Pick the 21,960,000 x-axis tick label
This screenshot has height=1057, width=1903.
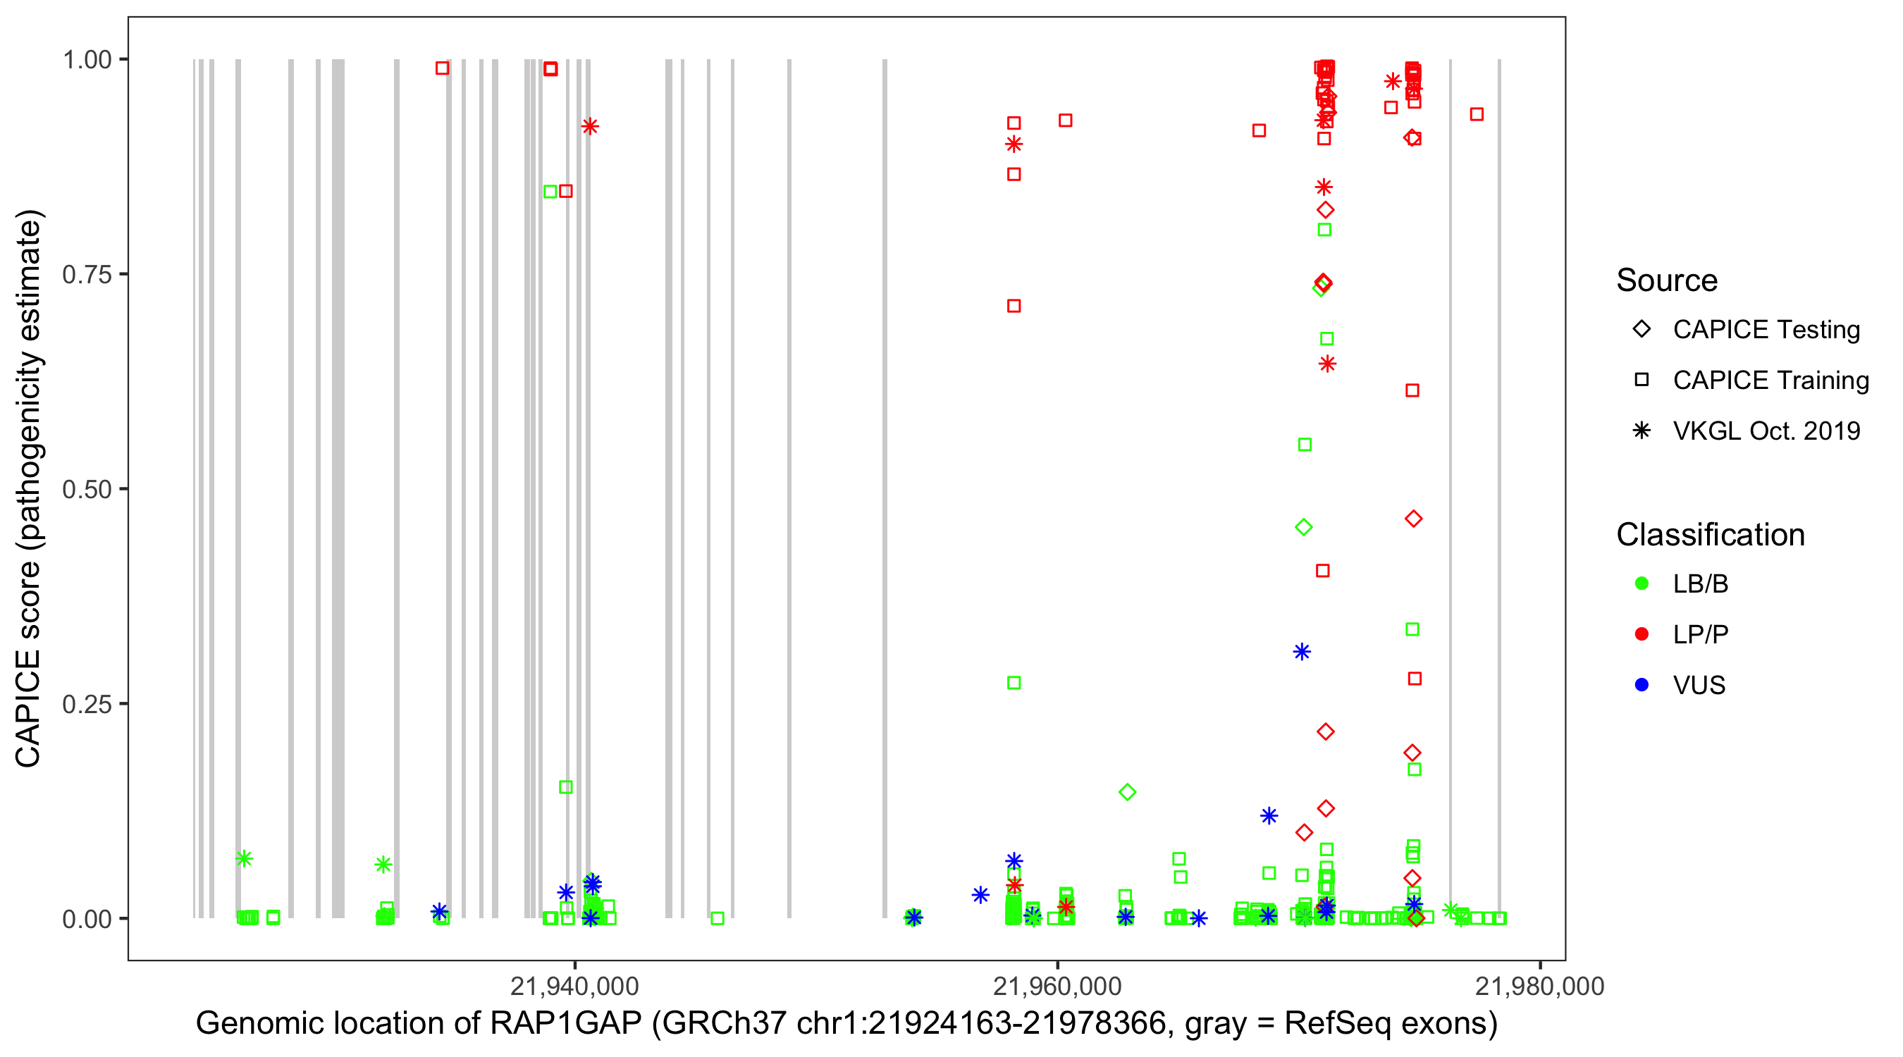tap(1057, 986)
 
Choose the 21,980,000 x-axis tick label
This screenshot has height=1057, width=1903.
tap(1539, 986)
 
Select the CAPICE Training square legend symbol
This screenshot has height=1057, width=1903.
tap(1642, 380)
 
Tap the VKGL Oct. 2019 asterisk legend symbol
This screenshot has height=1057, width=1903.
tap(1642, 431)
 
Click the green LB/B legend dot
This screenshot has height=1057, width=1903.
tap(1642, 583)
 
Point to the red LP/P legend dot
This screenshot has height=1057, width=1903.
tap(1642, 634)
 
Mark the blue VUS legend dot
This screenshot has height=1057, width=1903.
tap(1642, 685)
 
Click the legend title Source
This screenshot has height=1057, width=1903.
tap(1667, 280)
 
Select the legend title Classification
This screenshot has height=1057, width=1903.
tap(1710, 535)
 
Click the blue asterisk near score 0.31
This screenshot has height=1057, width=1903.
tap(1302, 652)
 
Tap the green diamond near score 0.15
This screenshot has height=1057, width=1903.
tap(1127, 793)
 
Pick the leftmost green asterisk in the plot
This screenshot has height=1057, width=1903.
tap(245, 858)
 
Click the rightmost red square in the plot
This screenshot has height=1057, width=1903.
tap(1477, 113)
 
